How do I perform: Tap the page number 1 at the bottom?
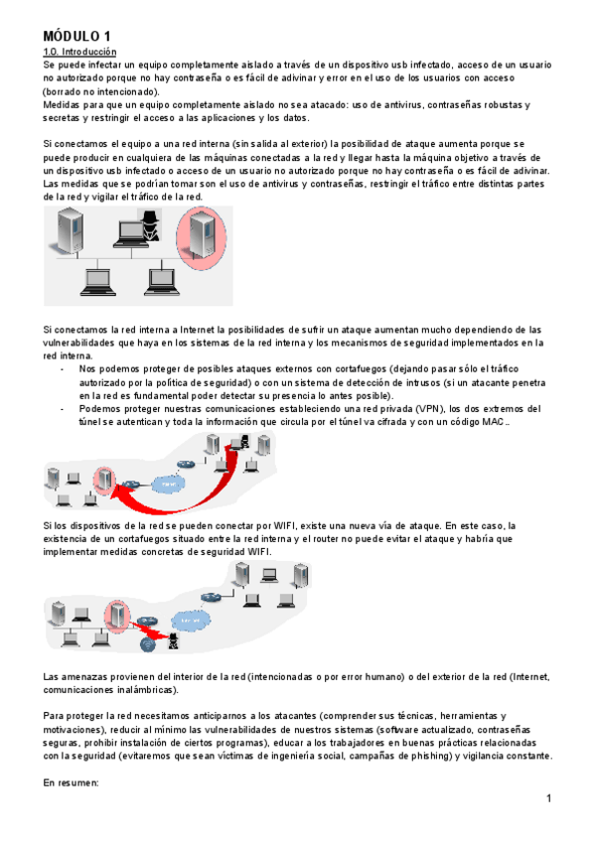tap(547, 800)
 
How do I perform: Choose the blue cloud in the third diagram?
tap(189, 623)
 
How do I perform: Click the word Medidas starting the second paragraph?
tap(65, 104)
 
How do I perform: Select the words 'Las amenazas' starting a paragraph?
tap(75, 676)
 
